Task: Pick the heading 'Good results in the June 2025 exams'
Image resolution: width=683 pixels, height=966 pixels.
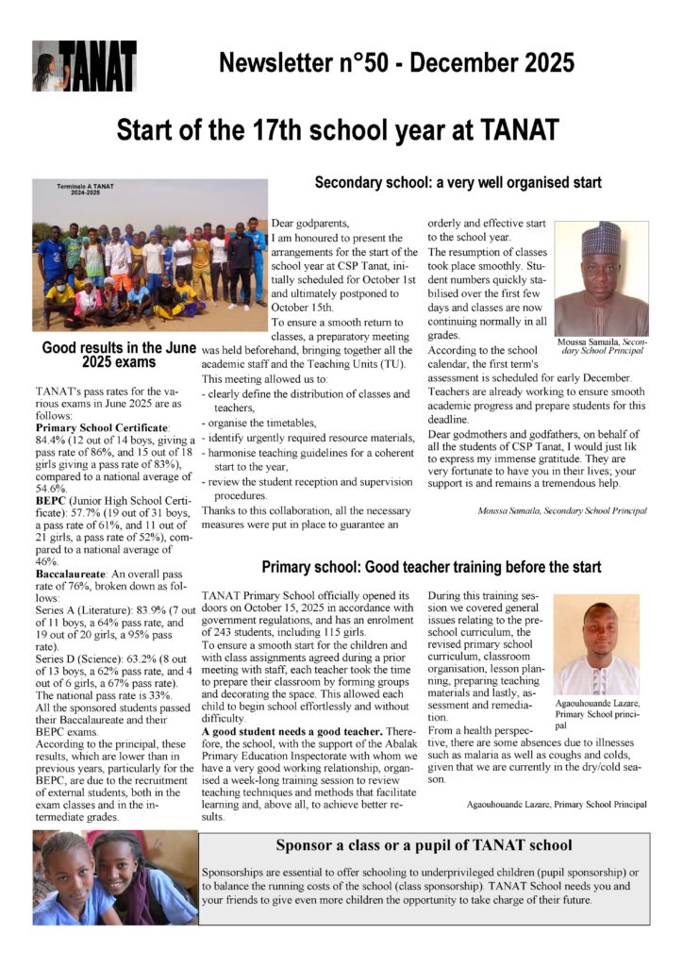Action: (118, 355)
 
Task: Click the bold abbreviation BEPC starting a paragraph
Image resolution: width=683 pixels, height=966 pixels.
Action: (54, 499)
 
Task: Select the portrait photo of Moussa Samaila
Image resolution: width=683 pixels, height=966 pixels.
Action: (600, 278)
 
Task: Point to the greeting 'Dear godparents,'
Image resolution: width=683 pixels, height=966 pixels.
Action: (309, 223)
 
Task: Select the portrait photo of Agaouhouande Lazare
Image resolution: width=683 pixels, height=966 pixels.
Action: (595, 643)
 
